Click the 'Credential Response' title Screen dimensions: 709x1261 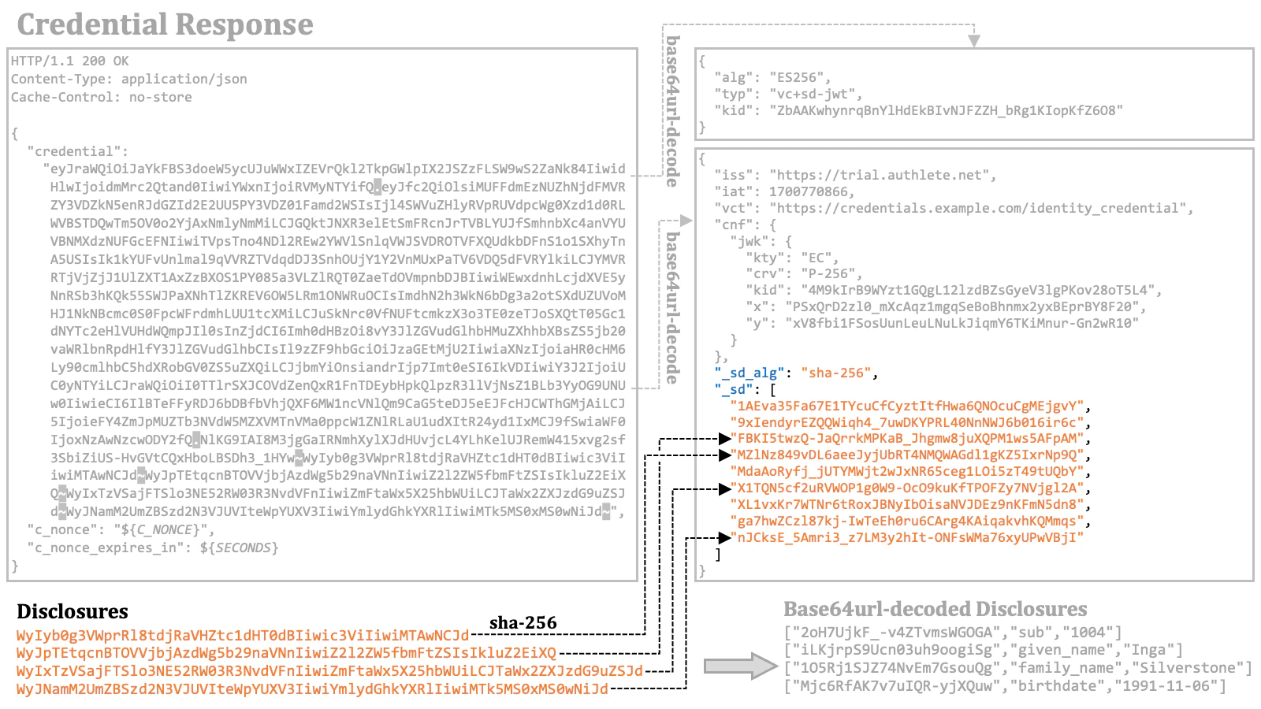tap(165, 25)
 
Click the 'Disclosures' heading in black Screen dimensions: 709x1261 tap(73, 611)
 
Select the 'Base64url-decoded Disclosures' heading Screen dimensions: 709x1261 tap(935, 609)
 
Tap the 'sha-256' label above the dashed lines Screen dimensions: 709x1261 tap(523, 623)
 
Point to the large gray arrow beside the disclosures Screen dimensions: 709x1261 tap(739, 666)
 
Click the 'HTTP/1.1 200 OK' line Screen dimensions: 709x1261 tap(70, 61)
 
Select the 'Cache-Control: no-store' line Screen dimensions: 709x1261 tap(102, 97)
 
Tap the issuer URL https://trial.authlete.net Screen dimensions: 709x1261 tap(883, 175)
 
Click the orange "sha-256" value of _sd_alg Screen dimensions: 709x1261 tap(835, 373)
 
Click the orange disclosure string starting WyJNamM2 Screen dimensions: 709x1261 tap(312, 689)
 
